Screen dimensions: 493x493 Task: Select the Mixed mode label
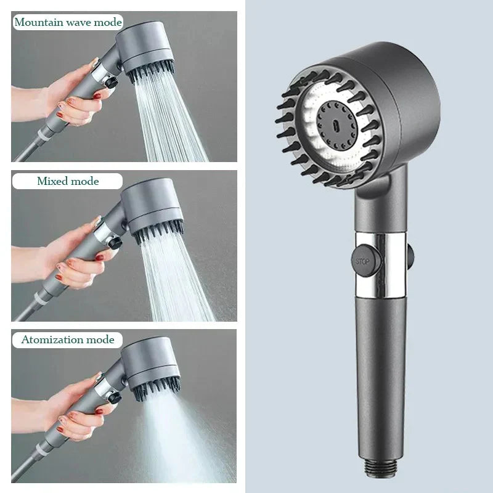67,181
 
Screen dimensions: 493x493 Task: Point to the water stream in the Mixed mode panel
176,277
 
